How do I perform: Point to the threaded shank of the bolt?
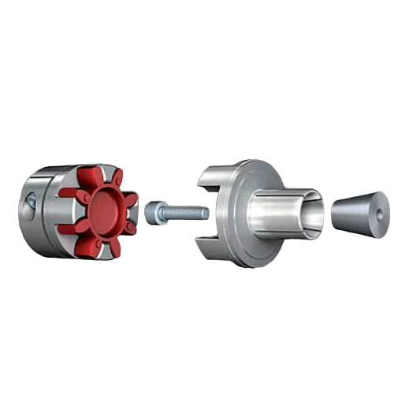click(188, 213)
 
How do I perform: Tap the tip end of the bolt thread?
click(206, 214)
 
